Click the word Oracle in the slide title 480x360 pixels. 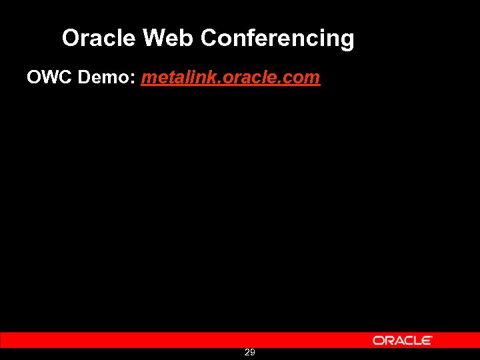[99, 38]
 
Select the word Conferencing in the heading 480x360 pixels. [277, 39]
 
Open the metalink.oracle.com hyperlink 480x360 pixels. [231, 78]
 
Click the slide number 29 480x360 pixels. [249, 352]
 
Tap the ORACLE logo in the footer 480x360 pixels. [402, 340]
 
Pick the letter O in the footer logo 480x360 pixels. [378, 340]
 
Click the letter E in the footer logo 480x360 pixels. [427, 340]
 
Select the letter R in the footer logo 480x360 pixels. [388, 340]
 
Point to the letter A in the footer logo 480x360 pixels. [397, 340]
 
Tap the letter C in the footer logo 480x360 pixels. [408, 340]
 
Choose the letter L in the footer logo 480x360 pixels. [418, 340]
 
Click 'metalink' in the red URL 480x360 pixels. [172, 78]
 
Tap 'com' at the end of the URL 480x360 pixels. [303, 78]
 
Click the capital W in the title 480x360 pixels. [153, 38]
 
